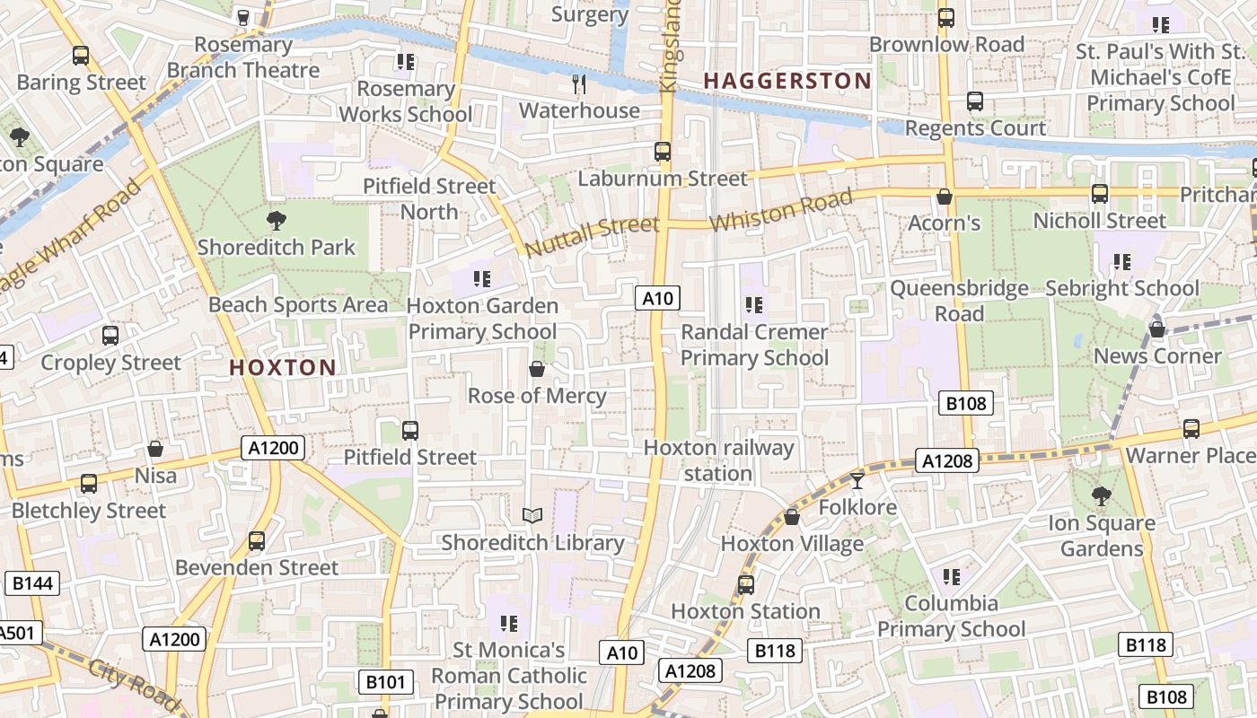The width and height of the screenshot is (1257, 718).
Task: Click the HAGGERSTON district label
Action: pyautogui.click(x=787, y=81)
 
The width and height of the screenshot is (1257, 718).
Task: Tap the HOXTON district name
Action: pyautogui.click(x=282, y=367)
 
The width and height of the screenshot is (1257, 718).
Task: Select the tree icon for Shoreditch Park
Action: pyautogui.click(x=277, y=220)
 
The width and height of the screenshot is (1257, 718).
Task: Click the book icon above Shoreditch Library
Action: pyautogui.click(x=532, y=515)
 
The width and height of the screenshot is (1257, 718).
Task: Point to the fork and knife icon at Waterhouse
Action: pyautogui.click(x=579, y=84)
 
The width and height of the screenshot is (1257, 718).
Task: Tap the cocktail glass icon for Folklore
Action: pyautogui.click(x=857, y=481)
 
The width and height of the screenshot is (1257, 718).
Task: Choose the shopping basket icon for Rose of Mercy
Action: pyautogui.click(x=537, y=369)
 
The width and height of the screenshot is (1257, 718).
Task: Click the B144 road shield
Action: pyautogui.click(x=33, y=583)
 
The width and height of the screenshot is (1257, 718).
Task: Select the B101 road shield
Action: pyautogui.click(x=386, y=682)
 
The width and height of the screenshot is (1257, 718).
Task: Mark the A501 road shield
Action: pyautogui.click(x=18, y=633)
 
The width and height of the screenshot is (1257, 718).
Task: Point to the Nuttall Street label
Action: pyautogui.click(x=592, y=235)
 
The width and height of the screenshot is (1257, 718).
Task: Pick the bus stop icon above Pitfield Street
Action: pyautogui.click(x=410, y=430)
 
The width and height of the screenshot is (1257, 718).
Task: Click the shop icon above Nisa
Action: pyautogui.click(x=155, y=448)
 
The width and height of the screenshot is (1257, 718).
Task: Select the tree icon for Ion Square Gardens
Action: pyautogui.click(x=1101, y=495)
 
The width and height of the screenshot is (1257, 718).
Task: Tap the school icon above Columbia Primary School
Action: pyautogui.click(x=952, y=576)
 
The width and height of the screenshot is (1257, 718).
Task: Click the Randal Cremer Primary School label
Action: pyautogui.click(x=754, y=345)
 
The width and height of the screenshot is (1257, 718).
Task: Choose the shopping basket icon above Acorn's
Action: pyautogui.click(x=944, y=196)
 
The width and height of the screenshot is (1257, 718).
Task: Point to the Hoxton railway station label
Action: pyautogui.click(x=718, y=460)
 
